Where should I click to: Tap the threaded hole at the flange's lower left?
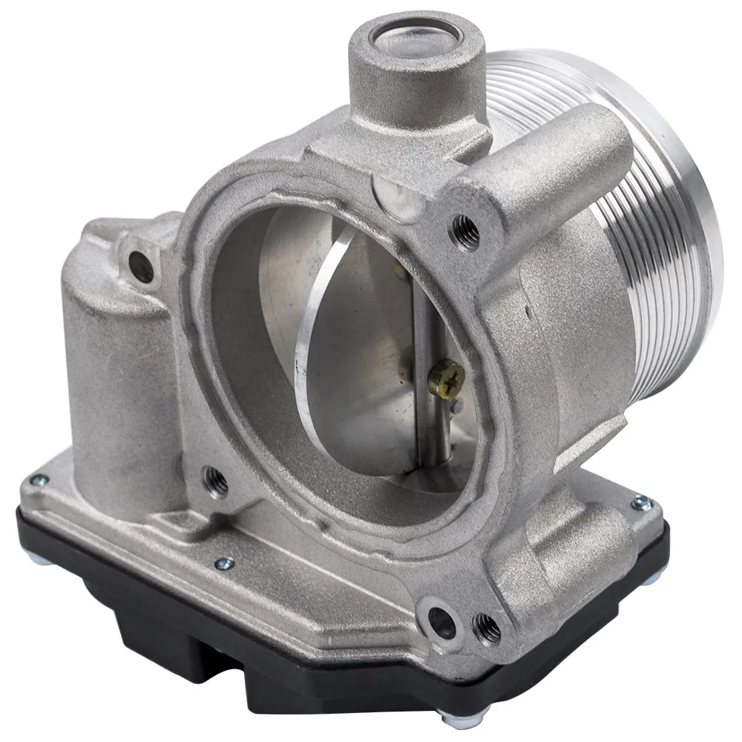pos(215,479)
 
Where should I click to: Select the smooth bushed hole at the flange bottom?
pos(442,622)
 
